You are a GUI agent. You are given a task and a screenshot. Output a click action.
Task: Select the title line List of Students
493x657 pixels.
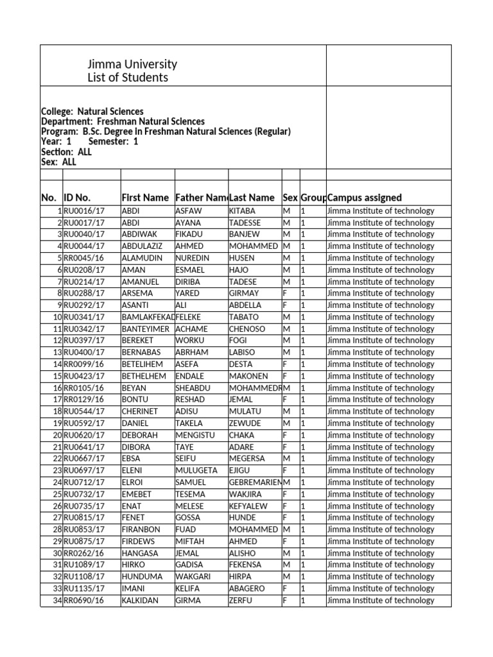[x=128, y=78]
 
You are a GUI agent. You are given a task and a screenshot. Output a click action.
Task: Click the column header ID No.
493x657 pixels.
[x=77, y=198]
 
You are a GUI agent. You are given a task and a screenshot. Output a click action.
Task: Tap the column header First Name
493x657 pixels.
[x=145, y=198]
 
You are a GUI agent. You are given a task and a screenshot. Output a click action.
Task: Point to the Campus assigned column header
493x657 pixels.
[x=365, y=198]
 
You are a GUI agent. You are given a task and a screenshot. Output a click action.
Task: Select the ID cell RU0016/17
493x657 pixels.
[x=83, y=211]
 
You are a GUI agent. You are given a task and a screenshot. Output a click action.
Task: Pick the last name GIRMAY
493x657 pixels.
[x=244, y=293]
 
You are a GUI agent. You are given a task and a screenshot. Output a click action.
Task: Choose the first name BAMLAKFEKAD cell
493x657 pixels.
[x=148, y=317]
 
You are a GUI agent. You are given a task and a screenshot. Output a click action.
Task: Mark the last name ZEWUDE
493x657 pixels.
[x=245, y=423]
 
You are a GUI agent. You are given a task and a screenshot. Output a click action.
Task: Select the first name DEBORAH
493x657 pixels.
[x=139, y=435]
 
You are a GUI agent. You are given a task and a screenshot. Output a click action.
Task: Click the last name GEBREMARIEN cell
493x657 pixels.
[x=255, y=482]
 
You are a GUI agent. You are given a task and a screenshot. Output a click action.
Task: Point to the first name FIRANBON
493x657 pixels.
[x=141, y=530]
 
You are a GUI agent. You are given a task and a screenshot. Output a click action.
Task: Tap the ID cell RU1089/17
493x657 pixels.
[x=83, y=565]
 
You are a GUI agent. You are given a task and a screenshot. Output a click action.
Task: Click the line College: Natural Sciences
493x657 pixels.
[x=92, y=112]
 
